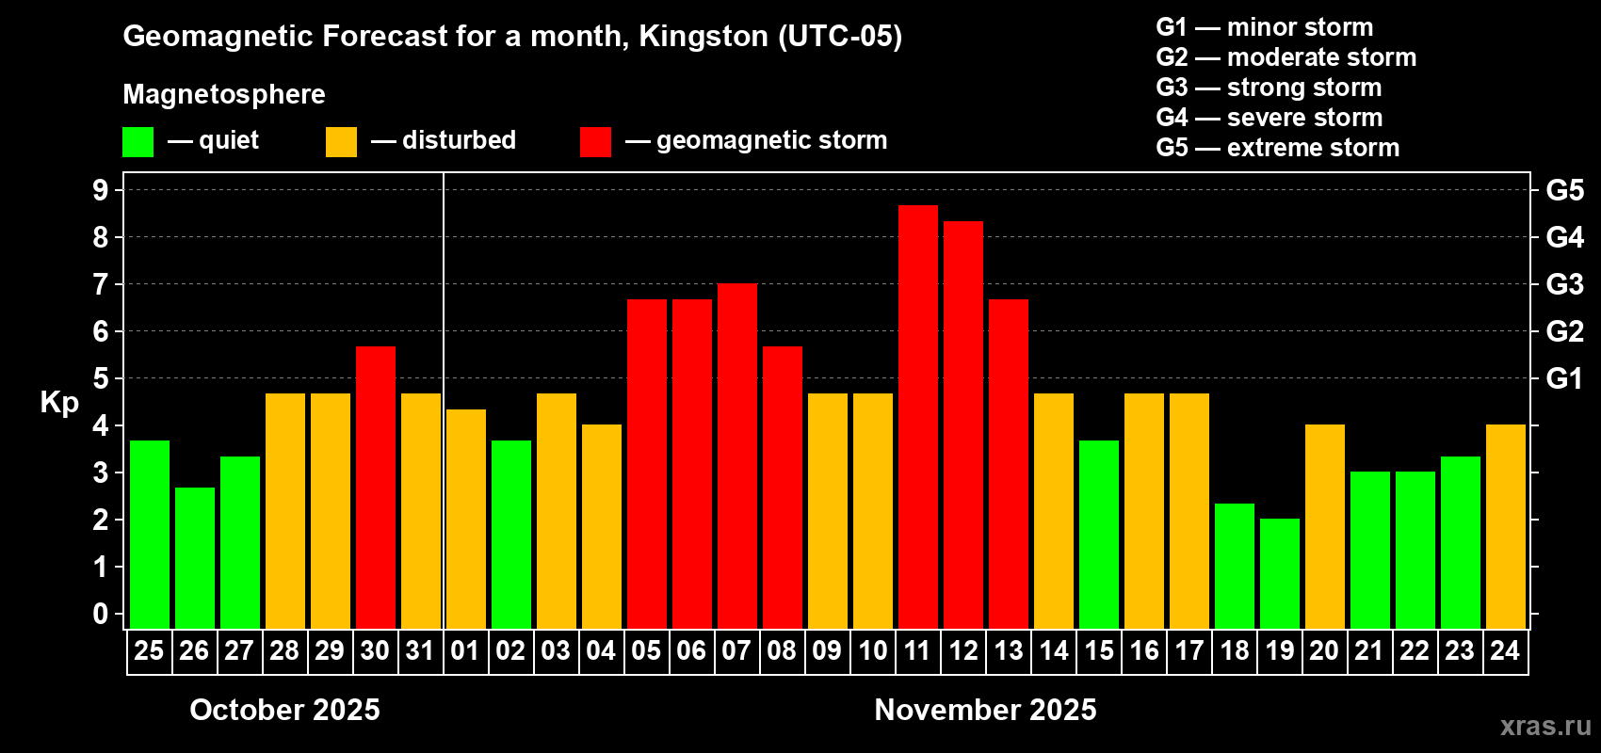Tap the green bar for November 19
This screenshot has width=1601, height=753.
[1280, 573]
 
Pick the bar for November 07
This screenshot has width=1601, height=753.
[737, 456]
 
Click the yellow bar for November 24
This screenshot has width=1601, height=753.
[1506, 526]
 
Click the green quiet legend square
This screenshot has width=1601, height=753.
[138, 142]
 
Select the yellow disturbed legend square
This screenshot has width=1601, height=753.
[341, 142]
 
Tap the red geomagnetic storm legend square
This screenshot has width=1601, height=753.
[595, 142]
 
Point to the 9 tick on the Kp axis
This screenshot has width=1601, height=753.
[101, 190]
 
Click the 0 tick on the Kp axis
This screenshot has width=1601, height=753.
[101, 614]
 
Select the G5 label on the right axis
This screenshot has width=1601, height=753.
[1564, 190]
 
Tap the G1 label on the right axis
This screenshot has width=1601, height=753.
[1564, 378]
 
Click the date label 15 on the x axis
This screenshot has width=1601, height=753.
[1099, 650]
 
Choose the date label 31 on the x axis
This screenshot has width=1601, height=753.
[420, 650]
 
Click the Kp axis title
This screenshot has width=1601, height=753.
[59, 402]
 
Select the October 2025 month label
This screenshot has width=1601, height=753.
[284, 709]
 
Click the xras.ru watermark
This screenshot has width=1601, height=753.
[1544, 725]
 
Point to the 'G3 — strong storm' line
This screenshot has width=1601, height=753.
[1269, 88]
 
